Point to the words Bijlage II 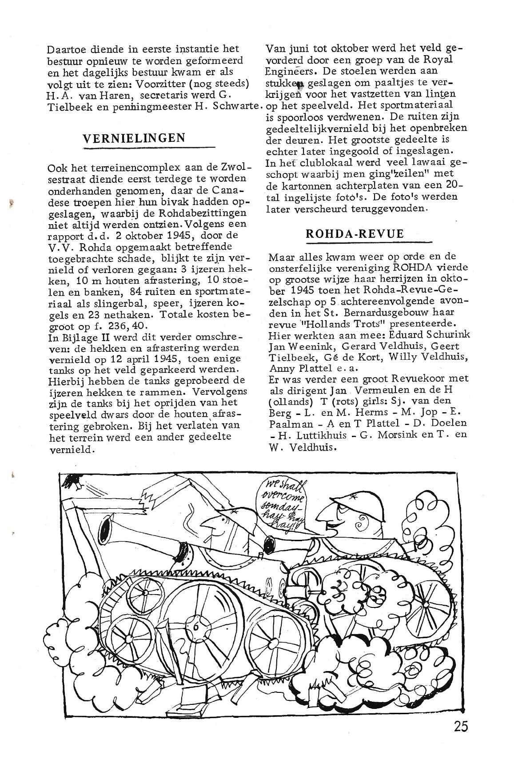pyautogui.click(x=77, y=336)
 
